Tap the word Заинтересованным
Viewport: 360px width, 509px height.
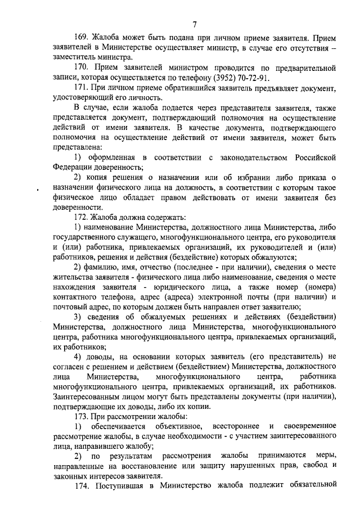[x=89, y=397]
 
